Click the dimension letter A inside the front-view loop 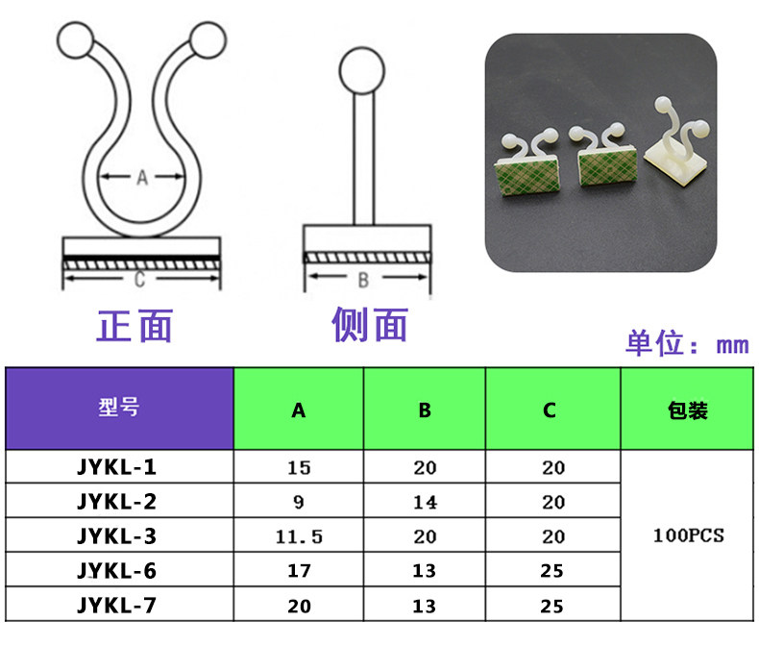click(142, 177)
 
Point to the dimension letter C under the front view click(139, 280)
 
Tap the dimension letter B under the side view click(363, 281)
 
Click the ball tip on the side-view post click(362, 68)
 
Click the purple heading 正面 click(135, 326)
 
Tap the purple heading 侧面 click(370, 326)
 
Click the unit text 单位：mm click(686, 344)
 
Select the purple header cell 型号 click(119, 408)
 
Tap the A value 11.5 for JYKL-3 click(299, 536)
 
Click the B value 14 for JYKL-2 click(425, 503)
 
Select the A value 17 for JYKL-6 click(299, 571)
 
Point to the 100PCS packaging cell click(687, 535)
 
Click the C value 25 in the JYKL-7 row click(552, 606)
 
